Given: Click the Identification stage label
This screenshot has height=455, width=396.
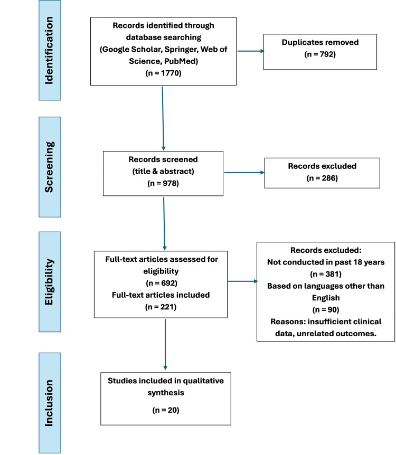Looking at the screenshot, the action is click(49, 51).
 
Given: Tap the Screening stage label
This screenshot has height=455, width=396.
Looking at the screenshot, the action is click(49, 167).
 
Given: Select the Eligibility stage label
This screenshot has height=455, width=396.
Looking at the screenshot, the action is click(49, 282).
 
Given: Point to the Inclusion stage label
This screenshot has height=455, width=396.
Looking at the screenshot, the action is click(49, 403).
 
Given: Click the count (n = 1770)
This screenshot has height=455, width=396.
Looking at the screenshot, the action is click(164, 73).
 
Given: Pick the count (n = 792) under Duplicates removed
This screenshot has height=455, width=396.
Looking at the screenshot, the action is click(320, 54).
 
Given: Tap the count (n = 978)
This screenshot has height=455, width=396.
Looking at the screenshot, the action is click(163, 183).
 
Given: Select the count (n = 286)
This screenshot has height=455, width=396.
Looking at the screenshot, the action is click(322, 178).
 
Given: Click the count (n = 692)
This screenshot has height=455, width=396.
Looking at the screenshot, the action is click(162, 283).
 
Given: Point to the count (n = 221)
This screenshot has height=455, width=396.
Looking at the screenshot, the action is click(161, 307).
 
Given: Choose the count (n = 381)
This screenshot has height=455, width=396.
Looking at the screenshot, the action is click(326, 274).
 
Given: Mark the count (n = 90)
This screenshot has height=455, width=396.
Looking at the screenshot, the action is click(326, 310).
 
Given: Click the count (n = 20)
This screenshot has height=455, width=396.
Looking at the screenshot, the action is click(166, 410).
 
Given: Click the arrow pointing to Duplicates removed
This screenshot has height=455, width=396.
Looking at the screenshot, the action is click(251, 51).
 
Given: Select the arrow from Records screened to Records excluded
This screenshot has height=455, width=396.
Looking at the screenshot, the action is click(244, 173).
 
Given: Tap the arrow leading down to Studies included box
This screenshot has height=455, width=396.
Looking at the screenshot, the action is click(165, 345).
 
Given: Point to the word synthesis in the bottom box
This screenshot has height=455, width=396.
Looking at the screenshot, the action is click(166, 393).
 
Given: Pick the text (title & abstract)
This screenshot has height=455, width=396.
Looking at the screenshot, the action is click(163, 172).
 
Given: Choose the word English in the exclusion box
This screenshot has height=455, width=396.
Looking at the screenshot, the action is click(326, 298).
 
